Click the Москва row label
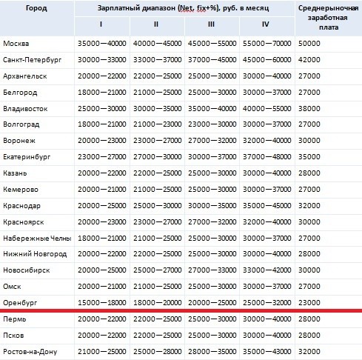pos(16,44)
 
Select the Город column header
pos(37,8)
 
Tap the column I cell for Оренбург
pos(101,302)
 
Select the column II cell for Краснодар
pos(156,205)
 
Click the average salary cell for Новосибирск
pos(309,270)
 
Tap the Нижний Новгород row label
pos(34,254)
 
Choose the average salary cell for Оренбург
pos(309,302)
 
